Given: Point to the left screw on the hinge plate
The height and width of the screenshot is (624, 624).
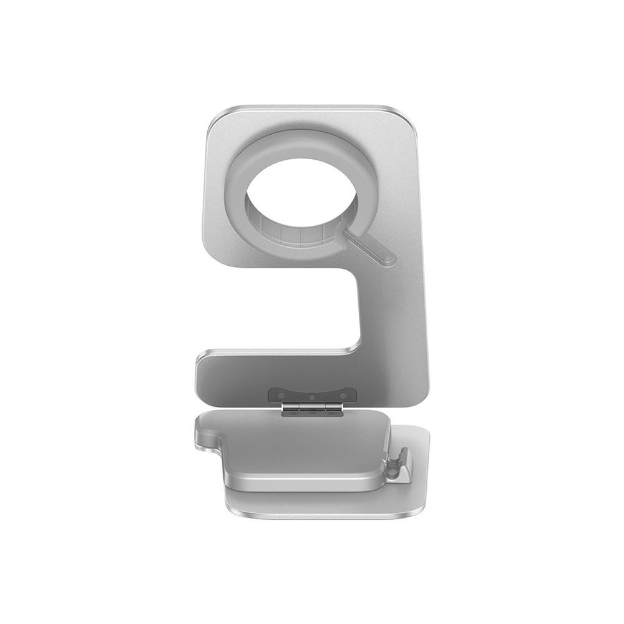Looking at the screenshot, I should (x=281, y=396).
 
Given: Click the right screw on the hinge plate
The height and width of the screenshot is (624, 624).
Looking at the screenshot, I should (x=343, y=396).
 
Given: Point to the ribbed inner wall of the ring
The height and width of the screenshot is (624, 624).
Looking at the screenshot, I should (x=300, y=234).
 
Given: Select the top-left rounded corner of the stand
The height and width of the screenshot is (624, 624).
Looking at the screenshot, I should (x=215, y=119).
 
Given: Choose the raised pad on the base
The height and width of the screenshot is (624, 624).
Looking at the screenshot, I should (x=300, y=449).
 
